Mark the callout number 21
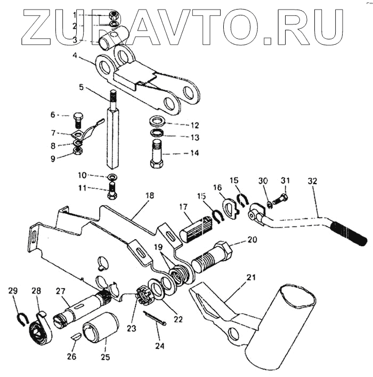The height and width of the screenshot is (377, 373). (x=251, y=276)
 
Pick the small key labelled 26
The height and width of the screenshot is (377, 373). (x=76, y=337)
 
